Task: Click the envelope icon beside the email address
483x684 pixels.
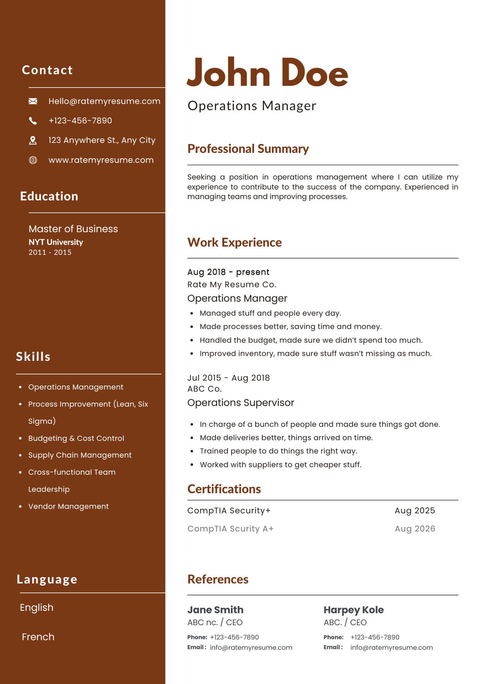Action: (x=33, y=101)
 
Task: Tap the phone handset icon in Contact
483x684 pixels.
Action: (x=33, y=121)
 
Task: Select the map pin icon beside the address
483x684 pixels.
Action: (x=33, y=140)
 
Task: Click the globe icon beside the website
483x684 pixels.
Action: (x=33, y=160)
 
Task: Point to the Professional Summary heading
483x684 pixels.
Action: (x=248, y=149)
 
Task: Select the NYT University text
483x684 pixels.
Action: (x=56, y=242)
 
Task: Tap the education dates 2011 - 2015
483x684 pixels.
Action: (x=50, y=252)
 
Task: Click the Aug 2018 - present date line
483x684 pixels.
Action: (x=228, y=272)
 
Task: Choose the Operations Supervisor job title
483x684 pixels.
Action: (x=240, y=403)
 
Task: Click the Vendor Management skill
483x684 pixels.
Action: (x=68, y=506)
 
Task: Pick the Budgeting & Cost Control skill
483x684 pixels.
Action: (x=76, y=438)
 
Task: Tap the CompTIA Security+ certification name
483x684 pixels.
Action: (x=229, y=510)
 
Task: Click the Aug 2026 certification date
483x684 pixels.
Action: (x=415, y=529)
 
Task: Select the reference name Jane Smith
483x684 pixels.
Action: (x=215, y=610)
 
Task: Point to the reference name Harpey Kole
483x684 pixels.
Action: (x=354, y=610)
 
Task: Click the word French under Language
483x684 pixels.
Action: (x=38, y=637)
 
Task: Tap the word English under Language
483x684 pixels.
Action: (x=37, y=607)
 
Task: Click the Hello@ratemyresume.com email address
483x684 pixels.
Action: (x=104, y=101)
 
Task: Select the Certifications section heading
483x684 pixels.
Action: (x=224, y=489)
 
